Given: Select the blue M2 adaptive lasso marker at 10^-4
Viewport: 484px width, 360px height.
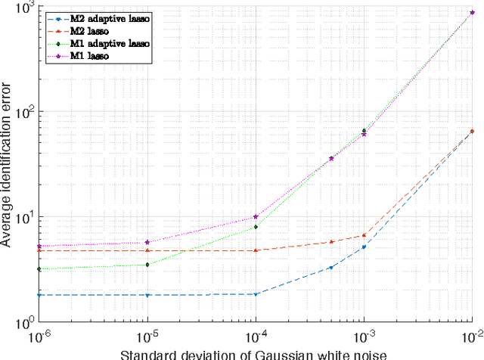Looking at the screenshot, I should tap(256, 294).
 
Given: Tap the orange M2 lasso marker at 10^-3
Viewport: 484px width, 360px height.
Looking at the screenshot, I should tap(365, 235).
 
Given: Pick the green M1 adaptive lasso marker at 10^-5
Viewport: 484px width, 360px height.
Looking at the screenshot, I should tap(147, 265).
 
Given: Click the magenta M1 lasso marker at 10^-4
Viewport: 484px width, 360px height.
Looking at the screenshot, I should tap(256, 216).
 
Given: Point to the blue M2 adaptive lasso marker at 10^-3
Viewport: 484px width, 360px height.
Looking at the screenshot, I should tap(365, 247).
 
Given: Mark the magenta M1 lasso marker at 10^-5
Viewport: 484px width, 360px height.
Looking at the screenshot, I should tap(147, 242).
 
